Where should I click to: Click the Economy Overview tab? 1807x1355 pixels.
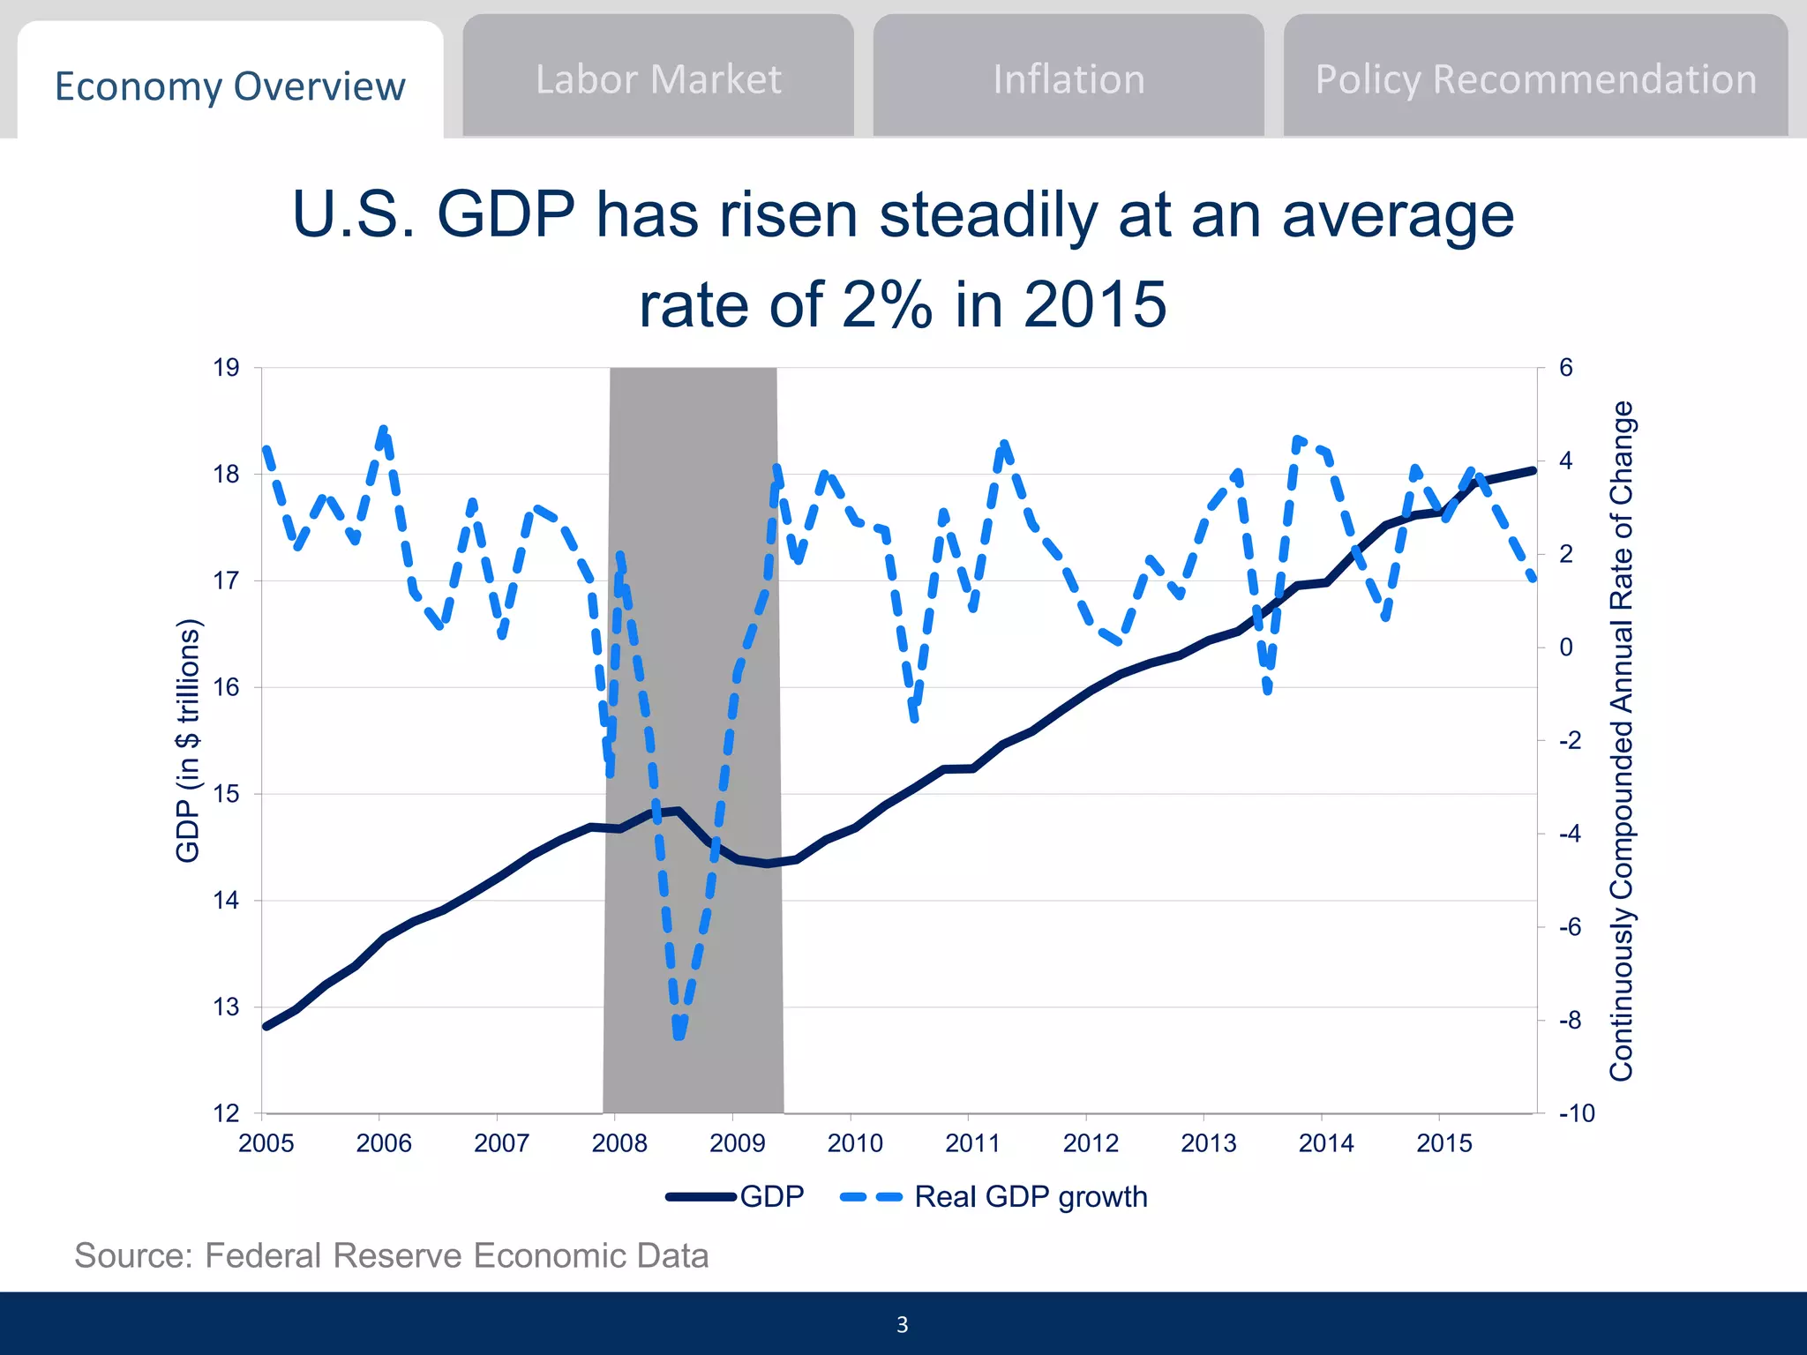click(229, 86)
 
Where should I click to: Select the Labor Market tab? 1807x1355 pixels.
click(658, 79)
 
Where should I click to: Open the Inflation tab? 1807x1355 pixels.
click(1068, 79)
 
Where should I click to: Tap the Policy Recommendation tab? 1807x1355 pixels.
click(1535, 79)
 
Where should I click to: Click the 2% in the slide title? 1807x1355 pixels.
click(887, 304)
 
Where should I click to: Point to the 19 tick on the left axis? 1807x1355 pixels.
click(226, 368)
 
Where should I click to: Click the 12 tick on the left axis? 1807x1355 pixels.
click(226, 1113)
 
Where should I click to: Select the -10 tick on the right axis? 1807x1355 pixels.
click(1577, 1113)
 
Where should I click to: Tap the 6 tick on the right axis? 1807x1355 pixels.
click(1566, 368)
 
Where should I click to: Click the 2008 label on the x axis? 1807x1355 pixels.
click(619, 1143)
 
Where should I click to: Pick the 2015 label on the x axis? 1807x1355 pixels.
click(1444, 1143)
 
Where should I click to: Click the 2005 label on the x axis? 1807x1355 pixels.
click(266, 1143)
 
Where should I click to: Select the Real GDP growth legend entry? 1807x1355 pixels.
click(994, 1197)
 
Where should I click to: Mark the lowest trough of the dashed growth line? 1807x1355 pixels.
click(679, 1034)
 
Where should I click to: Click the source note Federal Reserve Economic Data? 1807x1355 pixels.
click(392, 1255)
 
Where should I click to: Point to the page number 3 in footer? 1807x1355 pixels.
click(902, 1324)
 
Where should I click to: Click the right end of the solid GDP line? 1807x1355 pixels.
click(1533, 471)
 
